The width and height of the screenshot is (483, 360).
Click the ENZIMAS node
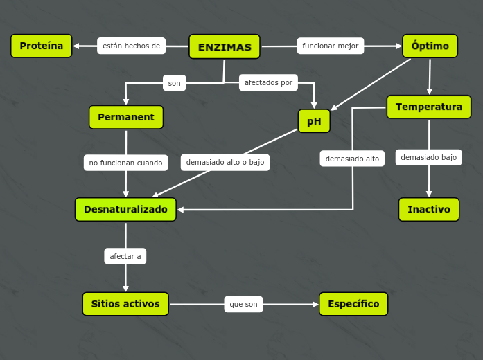[225, 47]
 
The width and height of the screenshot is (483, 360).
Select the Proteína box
[42, 46]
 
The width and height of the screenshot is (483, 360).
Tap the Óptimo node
[430, 46]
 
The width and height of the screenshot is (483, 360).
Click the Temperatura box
[429, 107]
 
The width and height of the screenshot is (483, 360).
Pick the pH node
[314, 121]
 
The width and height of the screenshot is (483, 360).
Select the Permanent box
[126, 117]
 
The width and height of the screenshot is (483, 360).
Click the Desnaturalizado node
[125, 209]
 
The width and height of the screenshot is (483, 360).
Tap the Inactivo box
[429, 209]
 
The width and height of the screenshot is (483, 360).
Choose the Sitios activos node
[125, 304]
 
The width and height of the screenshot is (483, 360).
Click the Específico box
[353, 304]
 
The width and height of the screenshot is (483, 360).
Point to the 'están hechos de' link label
[131, 46]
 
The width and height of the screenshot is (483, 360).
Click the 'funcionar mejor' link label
[331, 46]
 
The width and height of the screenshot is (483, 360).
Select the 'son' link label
[174, 83]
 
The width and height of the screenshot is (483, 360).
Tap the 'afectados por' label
[269, 82]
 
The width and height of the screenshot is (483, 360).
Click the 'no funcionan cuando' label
[125, 163]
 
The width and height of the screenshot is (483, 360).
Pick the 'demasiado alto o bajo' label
[225, 162]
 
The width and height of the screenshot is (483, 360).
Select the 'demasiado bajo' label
[429, 157]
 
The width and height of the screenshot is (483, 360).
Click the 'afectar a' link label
[125, 256]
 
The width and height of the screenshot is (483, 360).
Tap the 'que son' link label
[243, 304]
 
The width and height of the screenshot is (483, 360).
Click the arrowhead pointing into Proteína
[76, 46]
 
